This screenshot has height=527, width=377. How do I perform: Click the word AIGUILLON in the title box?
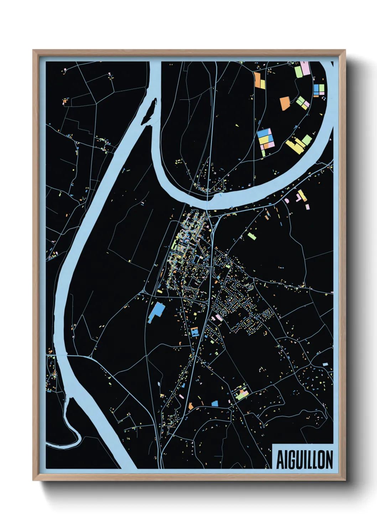click(304, 460)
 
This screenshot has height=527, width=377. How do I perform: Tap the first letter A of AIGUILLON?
click(280, 460)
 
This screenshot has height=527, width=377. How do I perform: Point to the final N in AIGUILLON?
click(329, 460)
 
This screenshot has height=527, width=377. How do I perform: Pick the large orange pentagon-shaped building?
click(285, 103)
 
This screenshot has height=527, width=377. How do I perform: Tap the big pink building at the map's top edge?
click(305, 68)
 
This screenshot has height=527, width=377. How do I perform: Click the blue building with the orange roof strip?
click(195, 332)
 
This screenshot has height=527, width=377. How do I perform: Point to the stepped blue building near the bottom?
click(215, 403)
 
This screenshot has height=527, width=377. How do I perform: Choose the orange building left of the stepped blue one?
click(191, 406)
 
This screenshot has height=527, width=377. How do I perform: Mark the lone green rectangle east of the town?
click(252, 236)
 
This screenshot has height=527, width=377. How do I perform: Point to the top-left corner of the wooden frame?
click(33, 51)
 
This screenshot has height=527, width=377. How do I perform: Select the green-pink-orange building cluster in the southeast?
click(241, 393)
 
